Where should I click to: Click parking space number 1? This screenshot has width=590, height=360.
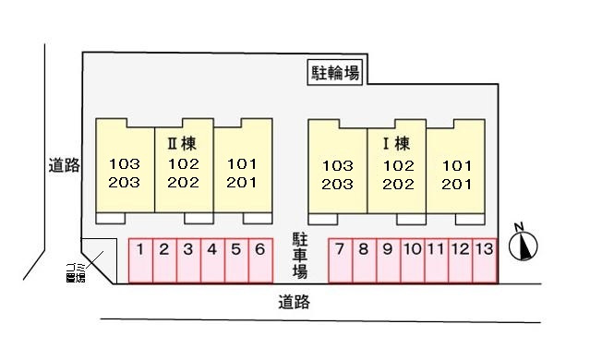[x=139, y=259]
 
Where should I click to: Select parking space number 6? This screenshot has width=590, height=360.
[x=259, y=259]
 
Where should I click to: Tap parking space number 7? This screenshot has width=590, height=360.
[x=341, y=259]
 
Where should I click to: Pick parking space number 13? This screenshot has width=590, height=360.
[x=486, y=259]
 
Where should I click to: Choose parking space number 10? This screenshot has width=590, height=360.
[x=413, y=259]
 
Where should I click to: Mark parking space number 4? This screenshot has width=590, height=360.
[x=211, y=259]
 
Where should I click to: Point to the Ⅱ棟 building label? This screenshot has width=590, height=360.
[x=183, y=144]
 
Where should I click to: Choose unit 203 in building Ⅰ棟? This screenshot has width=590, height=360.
[x=338, y=184]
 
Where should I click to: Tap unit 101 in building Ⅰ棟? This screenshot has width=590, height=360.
[x=457, y=166]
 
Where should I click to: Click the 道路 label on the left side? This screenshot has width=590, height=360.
[x=65, y=166]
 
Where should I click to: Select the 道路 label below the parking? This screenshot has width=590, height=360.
[x=294, y=301]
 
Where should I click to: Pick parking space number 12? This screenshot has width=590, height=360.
[x=461, y=259]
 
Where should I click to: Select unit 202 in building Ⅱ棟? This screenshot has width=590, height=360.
[x=183, y=182]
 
